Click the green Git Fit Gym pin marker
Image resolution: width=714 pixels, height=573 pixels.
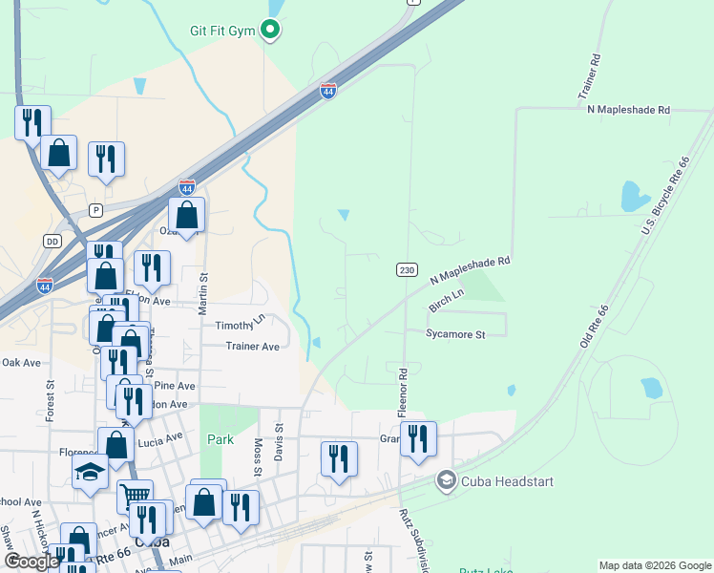(270, 31)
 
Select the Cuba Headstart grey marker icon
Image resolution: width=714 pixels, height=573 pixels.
(445, 480)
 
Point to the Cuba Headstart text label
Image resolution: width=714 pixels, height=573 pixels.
(507, 481)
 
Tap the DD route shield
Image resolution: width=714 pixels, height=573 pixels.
(52, 242)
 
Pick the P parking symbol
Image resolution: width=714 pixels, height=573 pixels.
(94, 210)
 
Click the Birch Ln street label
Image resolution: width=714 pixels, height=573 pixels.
(445, 302)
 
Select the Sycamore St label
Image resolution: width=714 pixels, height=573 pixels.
(455, 334)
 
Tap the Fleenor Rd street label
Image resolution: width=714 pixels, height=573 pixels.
(403, 391)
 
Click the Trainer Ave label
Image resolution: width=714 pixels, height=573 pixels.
(252, 346)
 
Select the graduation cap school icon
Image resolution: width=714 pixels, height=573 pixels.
(90, 471)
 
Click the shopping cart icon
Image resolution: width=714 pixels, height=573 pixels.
(135, 495)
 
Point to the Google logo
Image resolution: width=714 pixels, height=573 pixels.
(31, 562)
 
